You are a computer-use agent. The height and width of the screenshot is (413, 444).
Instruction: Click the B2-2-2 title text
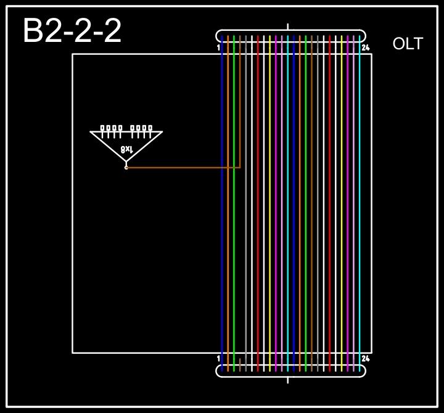pyautogui.click(x=72, y=31)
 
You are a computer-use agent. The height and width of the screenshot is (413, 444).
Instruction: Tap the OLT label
pyautogui.click(x=408, y=44)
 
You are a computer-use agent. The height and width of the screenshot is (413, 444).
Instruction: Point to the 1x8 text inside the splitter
pyautogui.click(x=126, y=149)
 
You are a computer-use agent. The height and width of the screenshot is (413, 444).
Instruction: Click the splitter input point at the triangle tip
pyautogui.click(x=126, y=167)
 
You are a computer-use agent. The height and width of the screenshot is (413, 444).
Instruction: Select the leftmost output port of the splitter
pyautogui.click(x=102, y=128)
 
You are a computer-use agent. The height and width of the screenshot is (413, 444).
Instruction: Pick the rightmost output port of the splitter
pyautogui.click(x=150, y=128)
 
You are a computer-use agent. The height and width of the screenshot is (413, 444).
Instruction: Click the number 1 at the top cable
pyautogui.click(x=219, y=47)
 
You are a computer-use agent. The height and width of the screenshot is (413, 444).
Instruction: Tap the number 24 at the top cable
pyautogui.click(x=365, y=47)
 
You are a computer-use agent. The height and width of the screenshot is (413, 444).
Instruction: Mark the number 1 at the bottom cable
pyautogui.click(x=219, y=358)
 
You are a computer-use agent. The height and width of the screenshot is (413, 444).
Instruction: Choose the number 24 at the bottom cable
pyautogui.click(x=365, y=358)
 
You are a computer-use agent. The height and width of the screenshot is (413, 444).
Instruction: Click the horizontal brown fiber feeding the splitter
pyautogui.click(x=185, y=167)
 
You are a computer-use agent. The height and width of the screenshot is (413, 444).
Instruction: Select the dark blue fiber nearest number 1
pyautogui.click(x=222, y=203)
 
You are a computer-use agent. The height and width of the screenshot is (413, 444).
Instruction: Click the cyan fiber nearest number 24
pyautogui.click(x=360, y=203)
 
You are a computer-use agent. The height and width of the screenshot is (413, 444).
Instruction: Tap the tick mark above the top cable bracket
pyautogui.click(x=288, y=27)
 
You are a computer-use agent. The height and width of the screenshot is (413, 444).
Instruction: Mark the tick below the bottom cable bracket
pyautogui.click(x=288, y=379)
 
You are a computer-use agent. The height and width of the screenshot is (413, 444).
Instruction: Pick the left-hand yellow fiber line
pyautogui.click(x=270, y=203)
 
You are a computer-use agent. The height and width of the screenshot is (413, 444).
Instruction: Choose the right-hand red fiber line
pyautogui.click(x=330, y=203)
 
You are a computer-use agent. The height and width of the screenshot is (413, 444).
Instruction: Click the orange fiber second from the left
pyautogui.click(x=228, y=203)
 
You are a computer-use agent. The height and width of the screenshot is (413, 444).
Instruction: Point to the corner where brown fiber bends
pyautogui.click(x=240, y=167)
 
